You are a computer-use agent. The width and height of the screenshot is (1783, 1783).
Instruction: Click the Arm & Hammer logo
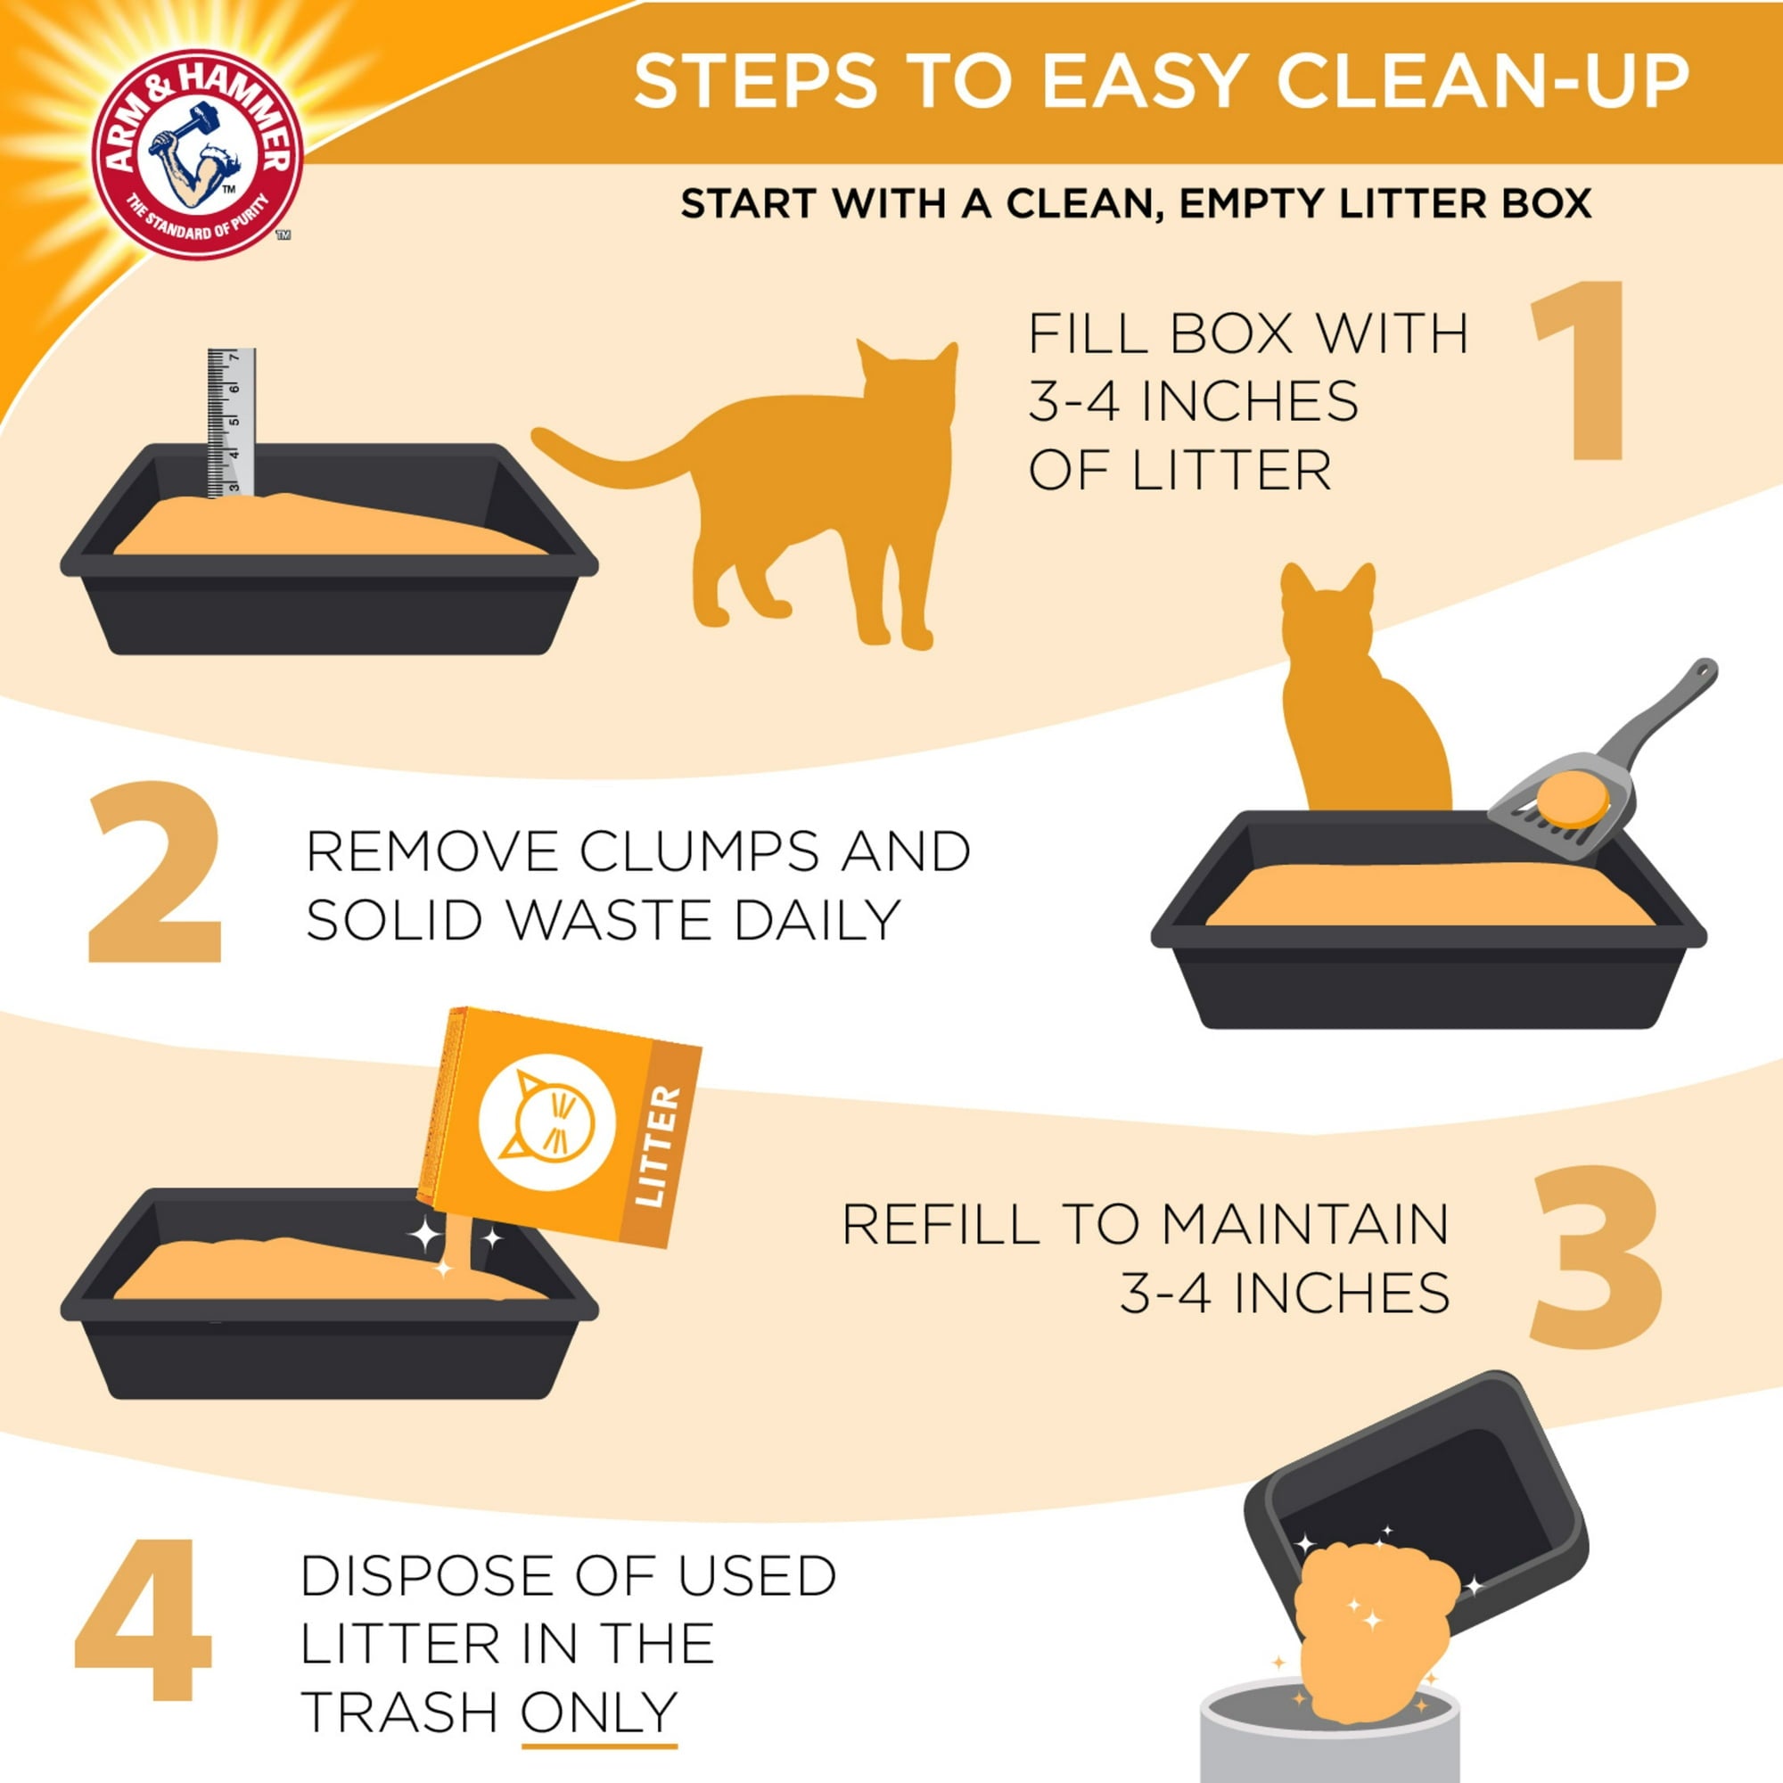pos(198,152)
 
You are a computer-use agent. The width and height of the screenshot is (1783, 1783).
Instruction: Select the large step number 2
pos(154,872)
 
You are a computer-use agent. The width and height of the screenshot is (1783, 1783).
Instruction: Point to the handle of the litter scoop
pos(1661,706)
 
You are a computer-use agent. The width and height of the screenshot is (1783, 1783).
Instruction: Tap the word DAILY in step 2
pos(817,920)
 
